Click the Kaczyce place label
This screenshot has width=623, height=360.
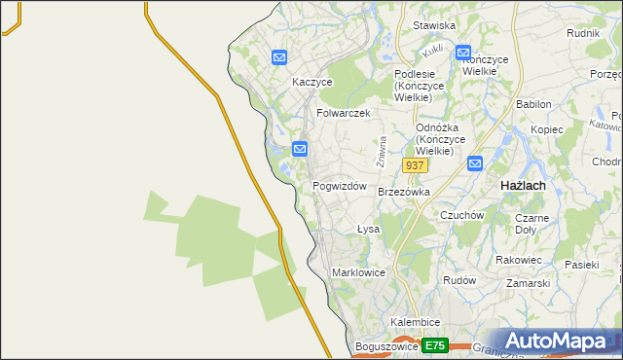click(x=312, y=83)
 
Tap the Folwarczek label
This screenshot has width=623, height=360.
click(x=344, y=113)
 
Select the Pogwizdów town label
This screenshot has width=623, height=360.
click(x=339, y=186)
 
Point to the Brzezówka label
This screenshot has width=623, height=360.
click(x=404, y=193)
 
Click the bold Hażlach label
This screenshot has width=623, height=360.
click(x=522, y=185)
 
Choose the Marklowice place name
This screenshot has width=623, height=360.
click(x=359, y=272)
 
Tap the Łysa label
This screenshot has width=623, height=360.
click(x=368, y=230)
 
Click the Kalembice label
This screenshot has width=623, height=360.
click(x=416, y=322)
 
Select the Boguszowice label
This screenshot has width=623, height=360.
click(x=386, y=346)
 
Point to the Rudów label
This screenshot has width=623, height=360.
click(x=458, y=280)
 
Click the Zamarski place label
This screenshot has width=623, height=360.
click(x=529, y=283)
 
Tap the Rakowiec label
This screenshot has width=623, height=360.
click(x=519, y=260)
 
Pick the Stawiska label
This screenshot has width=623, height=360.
click(x=434, y=26)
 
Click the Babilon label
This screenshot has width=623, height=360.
click(x=534, y=104)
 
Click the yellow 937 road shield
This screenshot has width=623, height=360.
click(x=415, y=166)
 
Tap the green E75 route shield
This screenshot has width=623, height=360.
click(x=435, y=346)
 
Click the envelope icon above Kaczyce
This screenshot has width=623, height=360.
click(x=279, y=57)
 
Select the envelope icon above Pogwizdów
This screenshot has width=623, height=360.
click(x=300, y=149)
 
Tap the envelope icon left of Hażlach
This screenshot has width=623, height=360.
click(x=474, y=163)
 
